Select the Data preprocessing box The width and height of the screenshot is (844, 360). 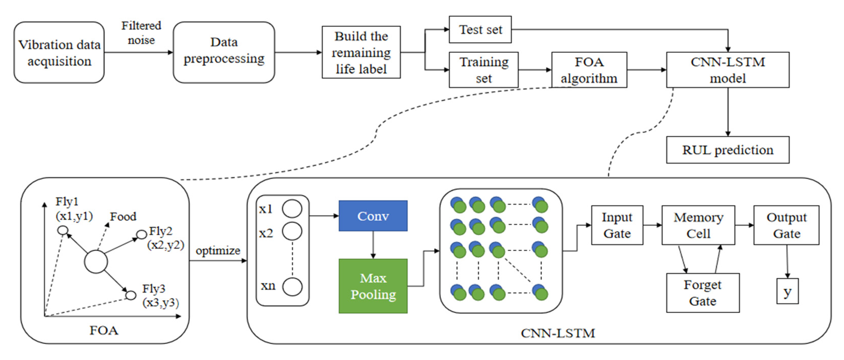point(224,52)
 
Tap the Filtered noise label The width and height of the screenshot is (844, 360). point(141,33)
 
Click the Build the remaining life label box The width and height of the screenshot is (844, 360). point(361,52)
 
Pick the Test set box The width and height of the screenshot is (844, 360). point(480,30)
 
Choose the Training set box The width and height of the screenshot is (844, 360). point(484,70)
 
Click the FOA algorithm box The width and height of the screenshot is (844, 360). point(589,70)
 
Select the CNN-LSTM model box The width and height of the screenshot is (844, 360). point(727,70)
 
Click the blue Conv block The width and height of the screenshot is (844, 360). point(373,216)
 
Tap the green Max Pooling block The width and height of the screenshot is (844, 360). point(373,286)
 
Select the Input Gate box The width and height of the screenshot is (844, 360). point(617,225)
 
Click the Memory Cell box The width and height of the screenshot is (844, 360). point(698,225)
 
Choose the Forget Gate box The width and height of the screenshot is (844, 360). point(702,293)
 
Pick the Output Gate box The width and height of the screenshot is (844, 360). point(786,225)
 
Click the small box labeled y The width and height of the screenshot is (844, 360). point(787,291)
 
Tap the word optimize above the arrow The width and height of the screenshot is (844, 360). point(218,251)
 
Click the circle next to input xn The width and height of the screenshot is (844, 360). point(292,287)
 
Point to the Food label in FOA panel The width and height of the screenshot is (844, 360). point(123,216)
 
